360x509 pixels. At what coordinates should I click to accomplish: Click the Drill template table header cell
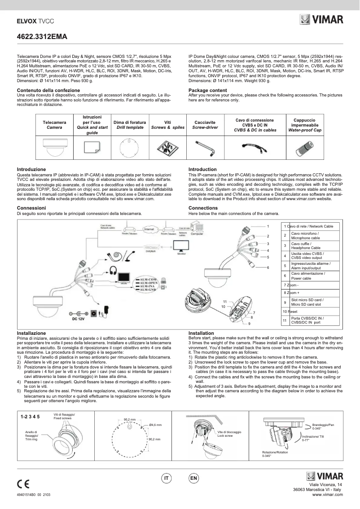(x=129, y=125)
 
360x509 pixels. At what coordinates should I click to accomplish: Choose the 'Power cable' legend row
(x=310, y=276)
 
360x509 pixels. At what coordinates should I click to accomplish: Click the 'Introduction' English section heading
(x=202, y=169)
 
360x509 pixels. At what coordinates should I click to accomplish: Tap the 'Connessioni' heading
(x=31, y=208)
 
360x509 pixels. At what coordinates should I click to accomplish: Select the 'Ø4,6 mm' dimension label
(x=155, y=424)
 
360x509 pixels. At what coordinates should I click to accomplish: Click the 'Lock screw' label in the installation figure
(x=225, y=434)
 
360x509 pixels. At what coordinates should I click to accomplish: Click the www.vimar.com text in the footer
(x=327, y=495)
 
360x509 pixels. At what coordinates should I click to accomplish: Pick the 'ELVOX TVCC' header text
(x=35, y=21)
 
